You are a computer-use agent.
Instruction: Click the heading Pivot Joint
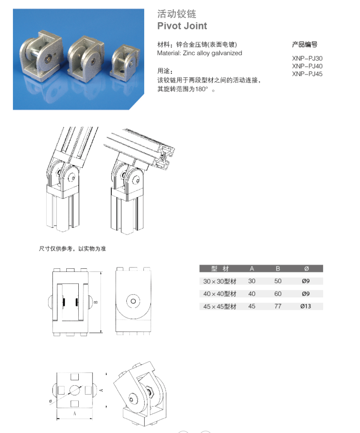tap(182, 26)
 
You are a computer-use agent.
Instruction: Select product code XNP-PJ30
tap(307, 58)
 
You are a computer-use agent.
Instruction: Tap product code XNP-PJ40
tap(307, 66)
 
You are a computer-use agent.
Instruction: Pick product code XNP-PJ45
tap(307, 74)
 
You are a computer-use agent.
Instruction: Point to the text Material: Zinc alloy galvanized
tap(199, 53)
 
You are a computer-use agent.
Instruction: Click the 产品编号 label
tap(304, 45)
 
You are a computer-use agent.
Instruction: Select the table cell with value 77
tap(278, 307)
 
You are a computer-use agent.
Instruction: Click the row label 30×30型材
tap(220, 281)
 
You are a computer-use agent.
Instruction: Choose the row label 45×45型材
tap(220, 307)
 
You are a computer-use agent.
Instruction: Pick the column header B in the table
tap(278, 268)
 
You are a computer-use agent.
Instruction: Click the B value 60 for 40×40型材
tap(278, 294)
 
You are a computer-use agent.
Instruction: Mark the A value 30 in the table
tap(252, 281)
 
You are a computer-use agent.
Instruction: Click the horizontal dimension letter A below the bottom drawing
tap(74, 413)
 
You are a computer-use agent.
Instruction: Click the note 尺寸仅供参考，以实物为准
tap(72, 249)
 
